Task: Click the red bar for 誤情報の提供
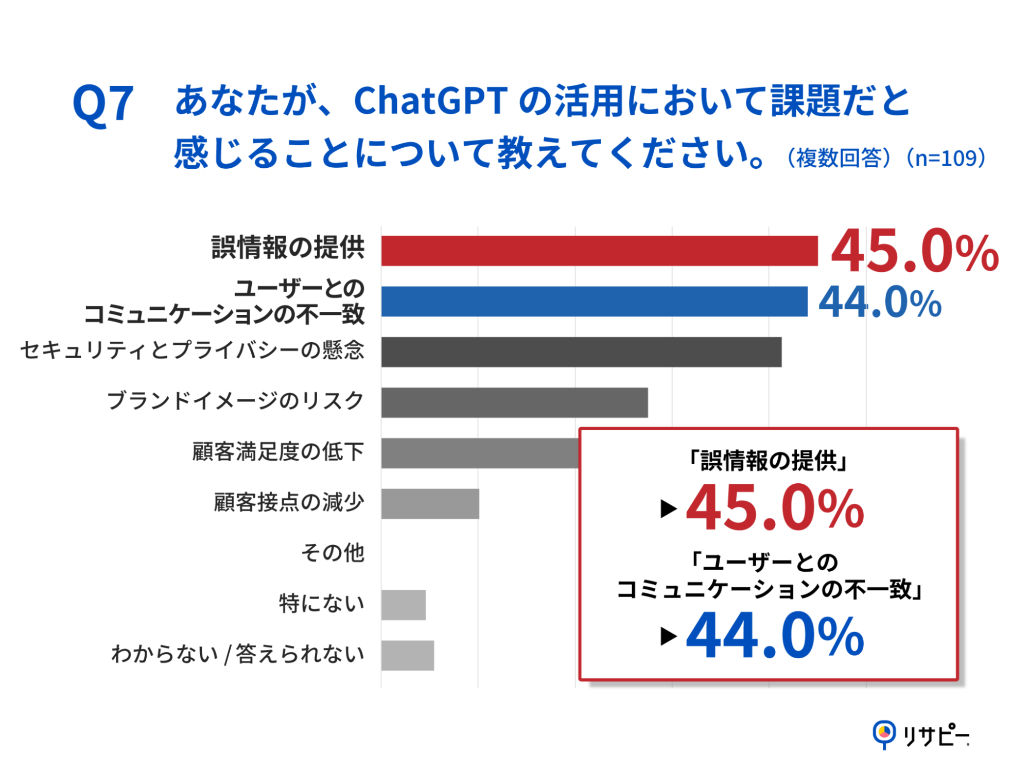[599, 251]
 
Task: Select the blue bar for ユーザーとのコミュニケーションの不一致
[594, 302]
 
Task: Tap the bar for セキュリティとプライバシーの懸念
[581, 352]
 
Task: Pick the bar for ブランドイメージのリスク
[514, 402]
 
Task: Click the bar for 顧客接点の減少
[430, 504]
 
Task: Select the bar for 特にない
[403, 605]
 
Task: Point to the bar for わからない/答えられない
[407, 656]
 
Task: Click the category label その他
[333, 553]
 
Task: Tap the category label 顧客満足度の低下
[278, 452]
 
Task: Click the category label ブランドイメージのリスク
[235, 401]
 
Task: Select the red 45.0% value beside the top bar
[914, 252]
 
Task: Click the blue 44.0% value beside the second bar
[880, 303]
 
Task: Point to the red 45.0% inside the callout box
[775, 508]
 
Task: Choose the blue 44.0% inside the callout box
[775, 636]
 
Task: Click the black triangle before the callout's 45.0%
[668, 509]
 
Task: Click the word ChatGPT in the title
[431, 101]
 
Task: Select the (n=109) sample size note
[946, 158]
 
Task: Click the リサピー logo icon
[884, 733]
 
